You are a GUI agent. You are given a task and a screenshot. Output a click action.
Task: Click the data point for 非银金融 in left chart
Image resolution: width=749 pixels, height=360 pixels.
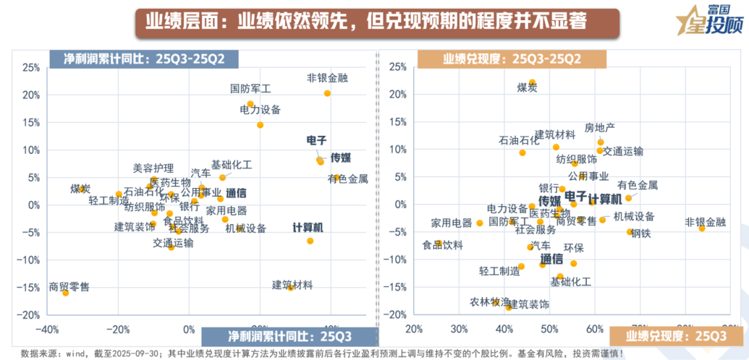click(x=327, y=94)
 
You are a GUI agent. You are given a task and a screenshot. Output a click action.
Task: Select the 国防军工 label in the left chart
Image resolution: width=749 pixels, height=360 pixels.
click(x=250, y=89)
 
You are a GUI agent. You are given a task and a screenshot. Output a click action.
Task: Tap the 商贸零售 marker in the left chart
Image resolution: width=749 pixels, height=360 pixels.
click(x=65, y=293)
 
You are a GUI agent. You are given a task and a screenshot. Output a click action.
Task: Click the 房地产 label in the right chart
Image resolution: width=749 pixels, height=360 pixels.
click(x=600, y=128)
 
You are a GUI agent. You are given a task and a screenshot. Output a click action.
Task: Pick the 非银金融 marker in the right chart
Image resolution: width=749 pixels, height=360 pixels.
click(x=701, y=228)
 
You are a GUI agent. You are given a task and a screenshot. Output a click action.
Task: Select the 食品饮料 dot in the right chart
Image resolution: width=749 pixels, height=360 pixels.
click(x=438, y=243)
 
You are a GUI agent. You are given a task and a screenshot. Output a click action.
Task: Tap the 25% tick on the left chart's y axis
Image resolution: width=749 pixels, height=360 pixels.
click(x=31, y=67)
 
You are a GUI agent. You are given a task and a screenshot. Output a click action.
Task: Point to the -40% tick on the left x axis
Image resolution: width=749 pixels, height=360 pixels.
click(x=46, y=328)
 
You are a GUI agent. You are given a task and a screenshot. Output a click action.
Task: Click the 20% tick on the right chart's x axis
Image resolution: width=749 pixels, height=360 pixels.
click(x=414, y=328)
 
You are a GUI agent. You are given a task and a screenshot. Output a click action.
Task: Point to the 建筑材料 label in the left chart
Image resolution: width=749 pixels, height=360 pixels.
click(x=292, y=285)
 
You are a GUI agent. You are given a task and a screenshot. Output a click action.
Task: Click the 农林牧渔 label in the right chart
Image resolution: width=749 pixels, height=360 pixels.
click(x=490, y=302)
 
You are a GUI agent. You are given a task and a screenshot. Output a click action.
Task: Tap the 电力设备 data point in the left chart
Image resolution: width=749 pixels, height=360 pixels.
click(x=260, y=125)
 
